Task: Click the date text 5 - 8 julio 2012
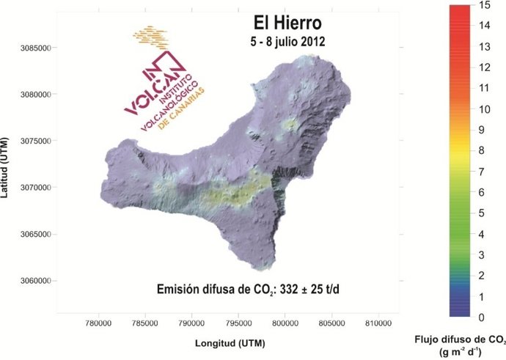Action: pyautogui.click(x=286, y=41)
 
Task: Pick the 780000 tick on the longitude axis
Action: pyautogui.click(x=98, y=323)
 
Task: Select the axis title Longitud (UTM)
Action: pyautogui.click(x=230, y=342)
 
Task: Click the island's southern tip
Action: pyautogui.click(x=272, y=266)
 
